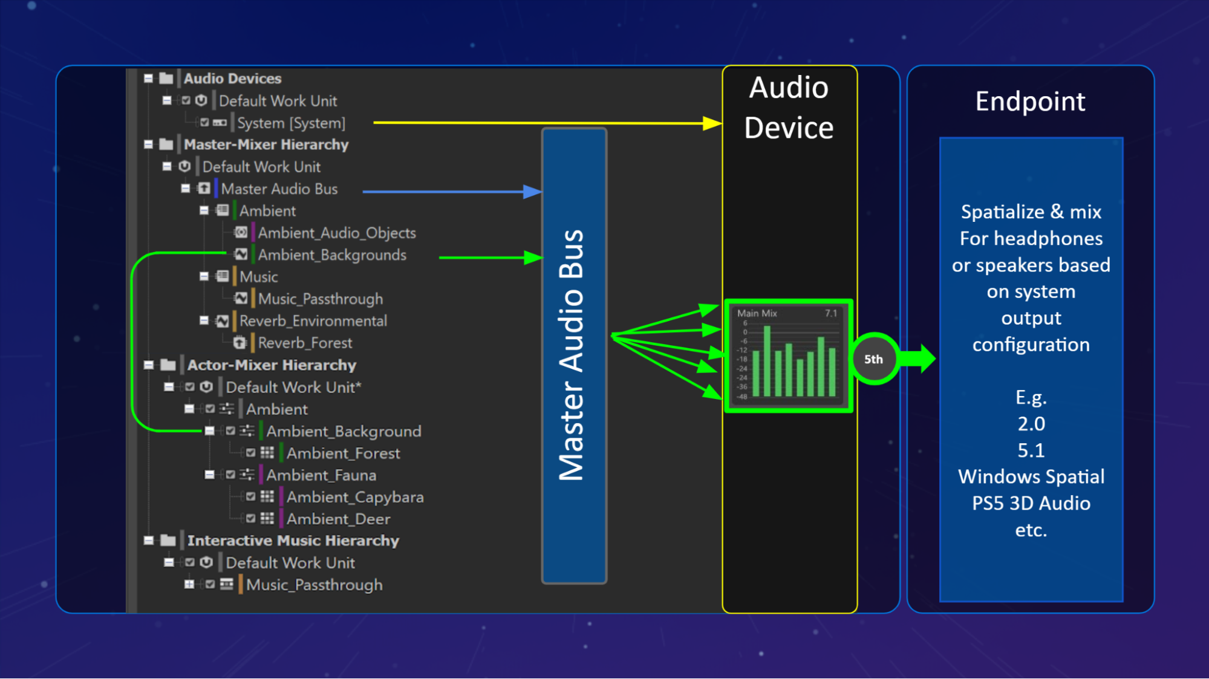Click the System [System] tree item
tap(290, 123)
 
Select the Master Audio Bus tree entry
tap(279, 189)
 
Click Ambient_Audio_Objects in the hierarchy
tap(336, 233)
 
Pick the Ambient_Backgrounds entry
tap(331, 255)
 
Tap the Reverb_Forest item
tap(304, 343)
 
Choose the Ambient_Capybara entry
tap(354, 498)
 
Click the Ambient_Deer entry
tap(338, 519)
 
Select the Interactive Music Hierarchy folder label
tap(293, 541)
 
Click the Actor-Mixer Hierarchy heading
tap(271, 365)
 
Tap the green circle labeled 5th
tap(873, 359)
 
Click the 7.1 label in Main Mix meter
tap(831, 313)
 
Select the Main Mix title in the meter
tap(757, 313)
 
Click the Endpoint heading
tap(1030, 102)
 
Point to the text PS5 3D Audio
tap(1031, 504)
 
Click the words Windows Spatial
tap(1031, 477)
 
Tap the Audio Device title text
tap(789, 108)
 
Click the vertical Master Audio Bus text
tap(572, 356)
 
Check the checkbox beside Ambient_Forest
tap(250, 453)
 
